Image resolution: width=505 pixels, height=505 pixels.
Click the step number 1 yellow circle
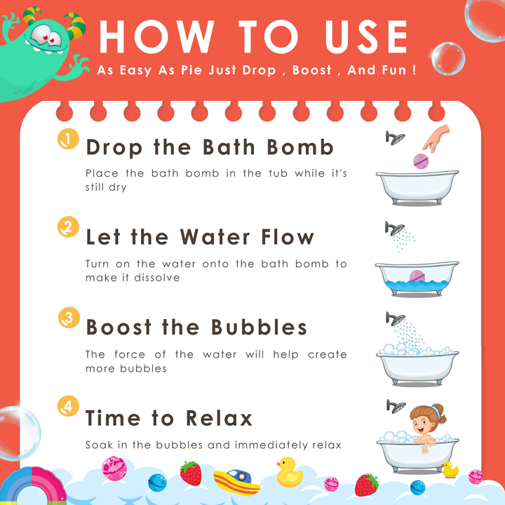(x=68, y=139)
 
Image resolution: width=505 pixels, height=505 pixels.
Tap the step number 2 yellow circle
(x=68, y=227)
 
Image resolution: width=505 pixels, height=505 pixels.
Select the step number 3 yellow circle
(x=69, y=317)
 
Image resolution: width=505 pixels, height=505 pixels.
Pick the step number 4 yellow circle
(x=68, y=406)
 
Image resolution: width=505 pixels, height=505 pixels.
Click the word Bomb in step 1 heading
(x=300, y=147)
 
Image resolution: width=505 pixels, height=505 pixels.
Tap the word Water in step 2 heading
(x=215, y=237)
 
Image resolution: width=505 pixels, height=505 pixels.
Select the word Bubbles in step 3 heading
(x=259, y=328)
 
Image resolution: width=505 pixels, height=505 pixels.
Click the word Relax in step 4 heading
(x=219, y=418)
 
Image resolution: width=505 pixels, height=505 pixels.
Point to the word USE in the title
(x=367, y=36)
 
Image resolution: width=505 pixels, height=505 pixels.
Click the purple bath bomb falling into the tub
(x=421, y=161)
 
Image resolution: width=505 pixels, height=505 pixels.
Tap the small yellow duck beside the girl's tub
(x=450, y=469)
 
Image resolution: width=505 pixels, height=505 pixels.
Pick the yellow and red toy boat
(x=237, y=481)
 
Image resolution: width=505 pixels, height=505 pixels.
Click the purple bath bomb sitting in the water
(x=417, y=276)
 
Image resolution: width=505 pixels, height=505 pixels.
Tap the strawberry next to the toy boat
(x=191, y=473)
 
